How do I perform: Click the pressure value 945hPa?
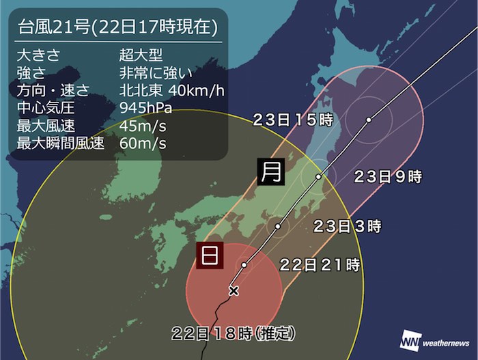click(x=145, y=108)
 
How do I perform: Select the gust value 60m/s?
click(x=139, y=143)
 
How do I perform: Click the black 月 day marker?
click(x=271, y=171)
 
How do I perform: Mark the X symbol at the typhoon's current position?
click(x=234, y=291)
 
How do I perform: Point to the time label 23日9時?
click(x=389, y=177)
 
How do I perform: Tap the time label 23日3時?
click(x=347, y=225)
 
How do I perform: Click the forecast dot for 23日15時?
click(x=368, y=120)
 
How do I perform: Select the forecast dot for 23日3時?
click(x=279, y=225)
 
